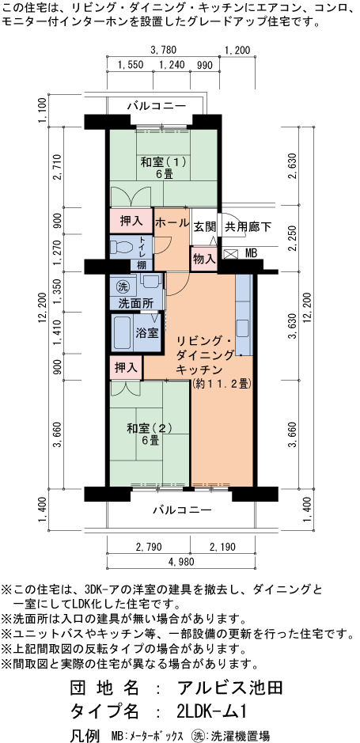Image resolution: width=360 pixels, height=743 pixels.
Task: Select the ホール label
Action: tap(172, 222)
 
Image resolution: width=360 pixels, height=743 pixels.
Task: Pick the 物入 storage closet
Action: tap(204, 260)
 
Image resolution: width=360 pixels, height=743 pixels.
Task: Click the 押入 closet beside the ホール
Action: tap(131, 221)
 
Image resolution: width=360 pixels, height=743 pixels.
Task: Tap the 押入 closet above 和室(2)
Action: tap(127, 367)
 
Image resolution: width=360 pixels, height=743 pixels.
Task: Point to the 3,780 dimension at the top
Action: tap(163, 50)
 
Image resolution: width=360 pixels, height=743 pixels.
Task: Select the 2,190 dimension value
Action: tap(222, 547)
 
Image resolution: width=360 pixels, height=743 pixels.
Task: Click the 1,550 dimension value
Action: tap(130, 66)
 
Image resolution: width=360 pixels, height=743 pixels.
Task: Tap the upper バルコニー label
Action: tap(156, 106)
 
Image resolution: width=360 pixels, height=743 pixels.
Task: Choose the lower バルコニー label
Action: tap(182, 510)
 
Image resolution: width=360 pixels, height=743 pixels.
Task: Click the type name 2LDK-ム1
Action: tap(212, 711)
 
